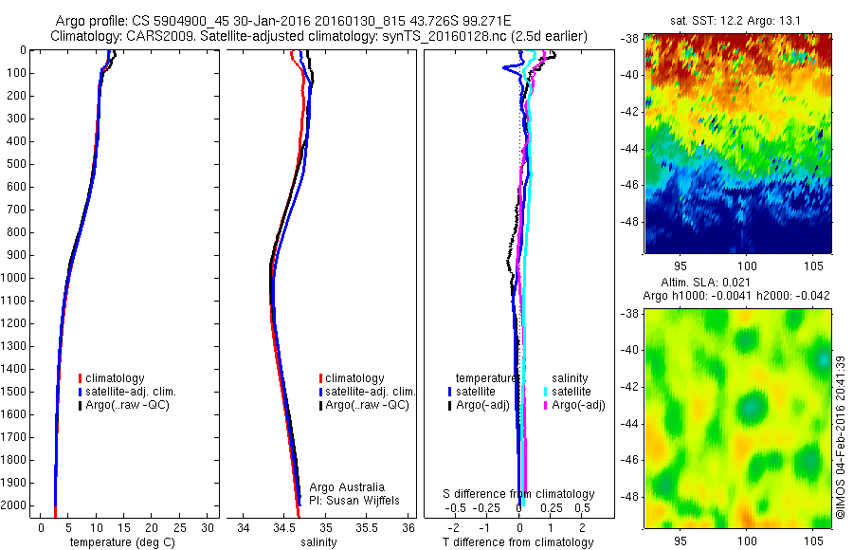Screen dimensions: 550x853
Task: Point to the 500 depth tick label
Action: tap(16, 164)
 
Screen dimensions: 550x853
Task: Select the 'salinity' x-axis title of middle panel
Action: tap(318, 542)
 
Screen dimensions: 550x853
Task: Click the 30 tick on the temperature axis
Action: tap(209, 527)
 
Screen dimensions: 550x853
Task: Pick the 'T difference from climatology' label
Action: tap(517, 542)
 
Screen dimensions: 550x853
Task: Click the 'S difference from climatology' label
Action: tap(519, 494)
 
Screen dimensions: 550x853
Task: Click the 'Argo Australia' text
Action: tap(347, 487)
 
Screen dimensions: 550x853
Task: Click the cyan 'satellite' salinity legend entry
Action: tap(571, 392)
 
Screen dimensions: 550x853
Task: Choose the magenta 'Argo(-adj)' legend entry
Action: tap(577, 405)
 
